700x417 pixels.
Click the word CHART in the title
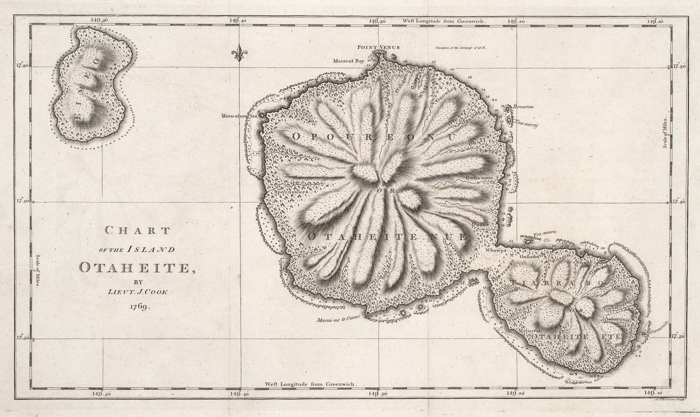tap(138, 231)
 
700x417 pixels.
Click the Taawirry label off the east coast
tap(525, 123)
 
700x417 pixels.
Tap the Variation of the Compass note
tap(461, 47)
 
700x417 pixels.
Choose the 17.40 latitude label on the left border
tap(23, 202)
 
